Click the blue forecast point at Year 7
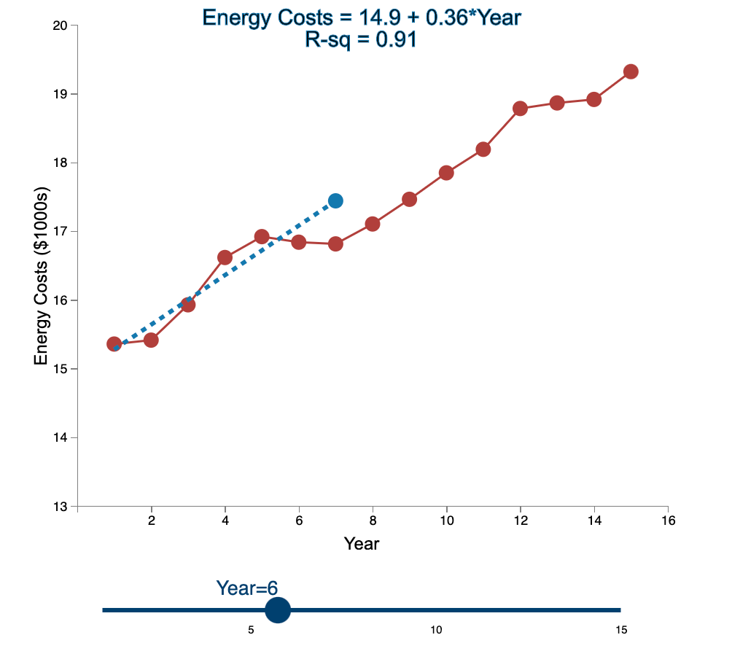[335, 200]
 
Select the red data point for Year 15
[631, 71]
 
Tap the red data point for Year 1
[114, 344]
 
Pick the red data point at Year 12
[520, 109]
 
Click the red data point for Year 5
[262, 237]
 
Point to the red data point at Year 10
[446, 173]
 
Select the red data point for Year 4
[225, 257]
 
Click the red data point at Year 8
[373, 224]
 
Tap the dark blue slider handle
[278, 610]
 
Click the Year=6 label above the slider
[247, 588]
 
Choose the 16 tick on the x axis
[668, 520]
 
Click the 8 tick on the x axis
[373, 520]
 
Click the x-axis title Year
[362, 544]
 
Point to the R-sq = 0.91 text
[361, 40]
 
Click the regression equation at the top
[362, 17]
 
